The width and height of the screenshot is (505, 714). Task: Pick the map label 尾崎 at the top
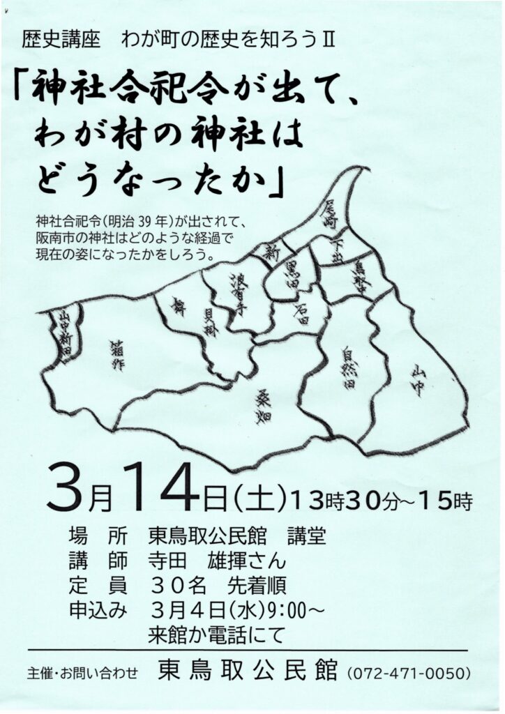point(329,214)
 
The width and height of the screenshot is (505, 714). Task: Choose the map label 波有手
point(237,289)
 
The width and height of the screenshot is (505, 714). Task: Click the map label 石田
point(300,314)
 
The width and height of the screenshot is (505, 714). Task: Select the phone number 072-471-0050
point(409,674)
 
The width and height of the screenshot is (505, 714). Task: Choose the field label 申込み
point(98,609)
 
